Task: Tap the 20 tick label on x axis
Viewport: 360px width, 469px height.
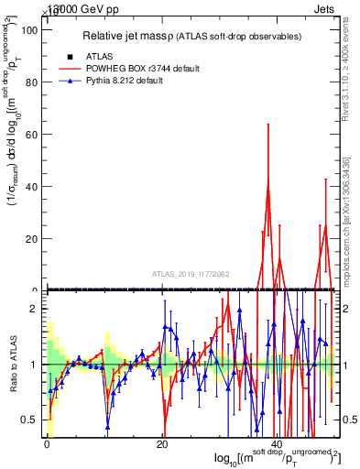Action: (x=162, y=445)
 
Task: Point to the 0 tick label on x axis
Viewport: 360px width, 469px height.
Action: (x=46, y=445)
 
